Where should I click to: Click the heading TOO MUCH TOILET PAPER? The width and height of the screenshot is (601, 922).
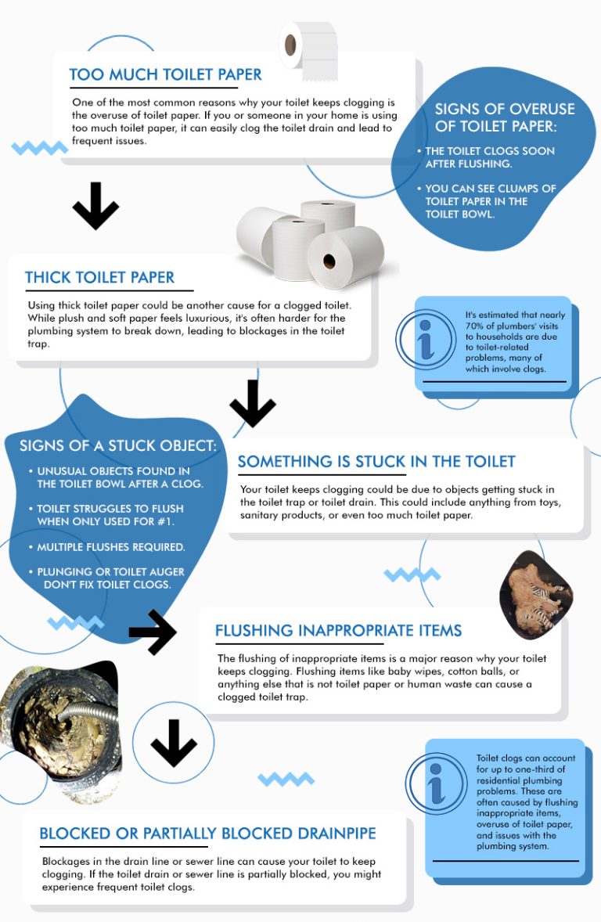(x=165, y=74)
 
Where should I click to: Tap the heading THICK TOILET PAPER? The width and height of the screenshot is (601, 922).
(x=99, y=278)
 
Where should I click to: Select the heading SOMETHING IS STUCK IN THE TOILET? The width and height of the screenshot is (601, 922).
(x=376, y=462)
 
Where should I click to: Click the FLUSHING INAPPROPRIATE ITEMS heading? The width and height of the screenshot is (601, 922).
(x=338, y=631)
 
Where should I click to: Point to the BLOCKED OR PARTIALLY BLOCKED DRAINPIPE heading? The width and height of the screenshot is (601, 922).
(x=207, y=834)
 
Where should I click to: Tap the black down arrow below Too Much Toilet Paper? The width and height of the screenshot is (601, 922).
(x=95, y=205)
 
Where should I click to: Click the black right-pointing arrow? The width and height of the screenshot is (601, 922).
(x=153, y=632)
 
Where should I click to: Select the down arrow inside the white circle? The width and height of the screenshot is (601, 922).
(x=174, y=744)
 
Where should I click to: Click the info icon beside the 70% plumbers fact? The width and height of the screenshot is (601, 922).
(x=426, y=339)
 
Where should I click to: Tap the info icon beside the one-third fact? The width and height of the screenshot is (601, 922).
(x=436, y=783)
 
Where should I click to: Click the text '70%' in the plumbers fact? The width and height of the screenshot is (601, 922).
(x=474, y=326)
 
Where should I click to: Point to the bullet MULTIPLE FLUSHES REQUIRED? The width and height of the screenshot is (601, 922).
(x=110, y=547)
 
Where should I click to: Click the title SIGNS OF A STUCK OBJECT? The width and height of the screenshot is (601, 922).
(x=117, y=445)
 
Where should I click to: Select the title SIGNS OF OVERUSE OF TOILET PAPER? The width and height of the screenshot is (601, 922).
(x=505, y=117)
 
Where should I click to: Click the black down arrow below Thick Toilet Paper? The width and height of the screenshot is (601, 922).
(x=253, y=403)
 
